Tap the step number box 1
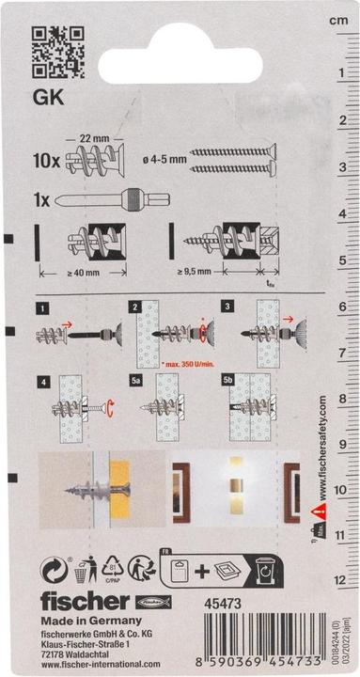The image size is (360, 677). tap(41, 307)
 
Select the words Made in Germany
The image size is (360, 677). tap(84, 622)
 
